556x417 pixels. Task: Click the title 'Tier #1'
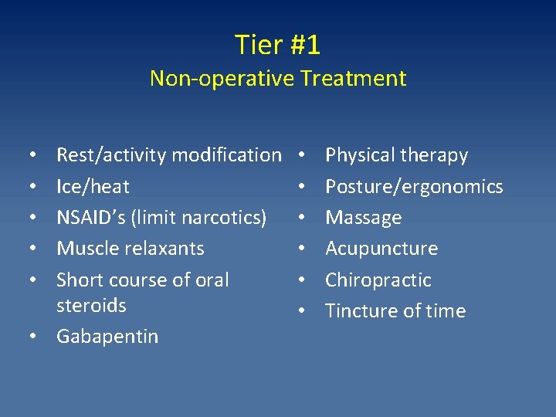click(x=277, y=45)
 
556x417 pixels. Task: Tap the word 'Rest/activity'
click(x=111, y=155)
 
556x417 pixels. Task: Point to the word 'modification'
click(x=226, y=155)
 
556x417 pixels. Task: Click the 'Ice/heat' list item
click(x=93, y=187)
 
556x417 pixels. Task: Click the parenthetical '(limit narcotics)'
click(x=201, y=218)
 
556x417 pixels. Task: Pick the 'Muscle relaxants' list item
click(x=130, y=249)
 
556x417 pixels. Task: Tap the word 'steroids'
click(x=91, y=305)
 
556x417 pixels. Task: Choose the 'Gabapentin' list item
click(x=107, y=337)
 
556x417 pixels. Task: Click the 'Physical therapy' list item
click(x=396, y=155)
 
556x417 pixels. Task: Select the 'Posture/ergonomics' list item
click(x=414, y=187)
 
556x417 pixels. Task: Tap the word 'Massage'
click(x=363, y=218)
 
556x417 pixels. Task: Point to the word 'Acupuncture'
click(x=381, y=249)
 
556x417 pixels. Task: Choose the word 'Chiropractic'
click(x=378, y=280)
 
